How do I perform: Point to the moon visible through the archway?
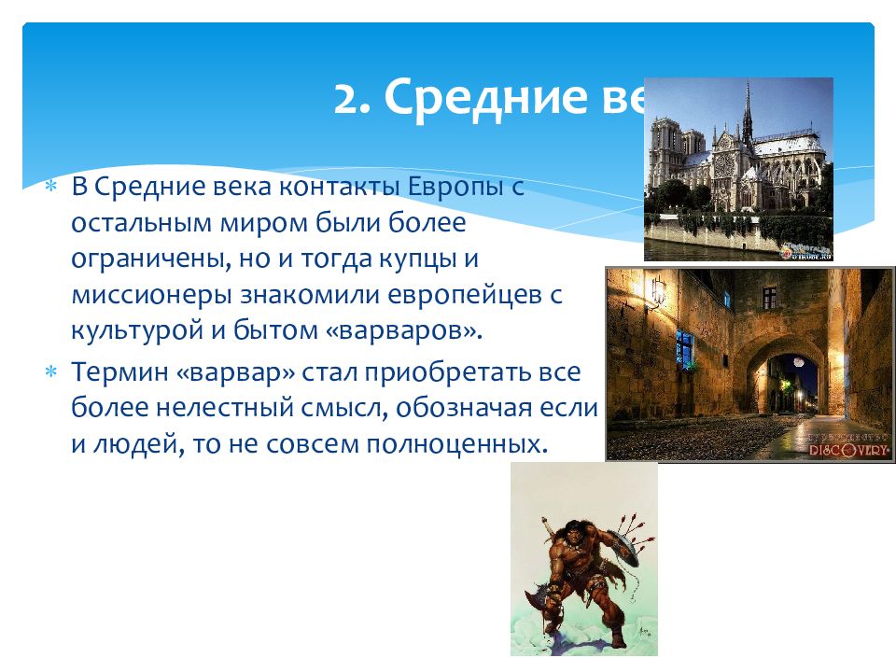799,361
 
